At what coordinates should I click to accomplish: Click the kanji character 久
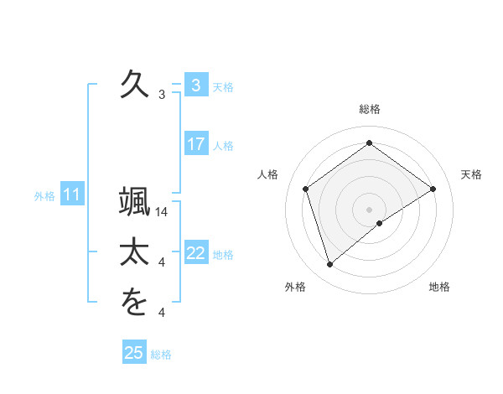[x=133, y=84]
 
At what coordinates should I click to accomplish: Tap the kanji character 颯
[x=133, y=202]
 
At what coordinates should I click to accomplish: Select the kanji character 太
[x=133, y=252]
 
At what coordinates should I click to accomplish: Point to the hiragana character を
[x=133, y=303]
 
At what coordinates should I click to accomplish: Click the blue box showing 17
[x=195, y=144]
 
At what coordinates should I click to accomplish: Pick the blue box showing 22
[x=195, y=253]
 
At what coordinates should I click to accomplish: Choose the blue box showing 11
[x=71, y=195]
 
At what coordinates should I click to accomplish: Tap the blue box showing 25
[x=133, y=353]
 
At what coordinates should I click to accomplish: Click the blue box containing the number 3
[x=195, y=85]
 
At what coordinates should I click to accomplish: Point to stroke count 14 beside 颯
[x=163, y=212]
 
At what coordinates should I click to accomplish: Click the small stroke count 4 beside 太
[x=162, y=262]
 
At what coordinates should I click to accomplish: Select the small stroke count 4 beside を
[x=162, y=313]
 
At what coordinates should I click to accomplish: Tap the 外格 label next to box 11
[x=44, y=196]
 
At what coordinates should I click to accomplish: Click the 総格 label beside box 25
[x=161, y=355]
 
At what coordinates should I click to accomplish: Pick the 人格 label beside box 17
[x=223, y=146]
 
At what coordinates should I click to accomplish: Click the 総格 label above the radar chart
[x=369, y=109]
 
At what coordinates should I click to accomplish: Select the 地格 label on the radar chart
[x=439, y=287]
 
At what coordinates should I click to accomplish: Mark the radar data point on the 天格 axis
[x=433, y=189]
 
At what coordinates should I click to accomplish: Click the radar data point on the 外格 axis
[x=329, y=265]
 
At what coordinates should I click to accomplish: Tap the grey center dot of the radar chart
[x=369, y=209]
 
